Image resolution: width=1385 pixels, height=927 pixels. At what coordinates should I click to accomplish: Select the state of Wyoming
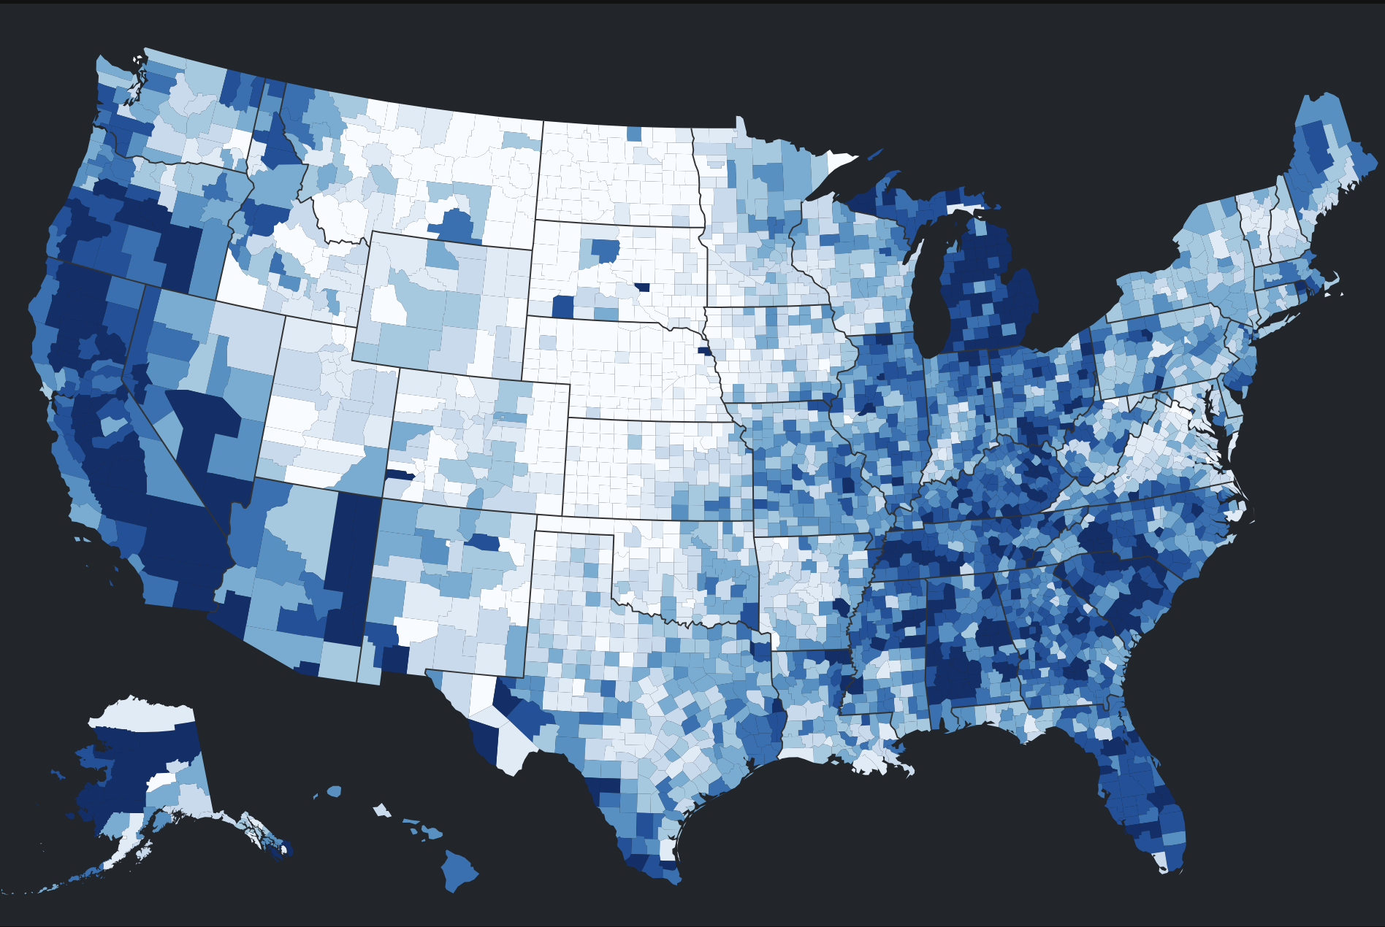coord(438,307)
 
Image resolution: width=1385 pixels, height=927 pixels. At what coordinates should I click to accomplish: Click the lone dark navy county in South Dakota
coord(642,287)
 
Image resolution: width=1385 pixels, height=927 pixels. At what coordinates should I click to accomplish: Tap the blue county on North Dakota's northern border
coord(633,134)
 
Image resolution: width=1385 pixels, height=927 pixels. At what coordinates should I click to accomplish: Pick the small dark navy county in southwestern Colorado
coord(399,474)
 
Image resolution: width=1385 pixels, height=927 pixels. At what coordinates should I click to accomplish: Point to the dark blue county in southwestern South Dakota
coord(562,307)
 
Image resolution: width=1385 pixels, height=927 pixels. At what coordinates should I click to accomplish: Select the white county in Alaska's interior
coord(161,783)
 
